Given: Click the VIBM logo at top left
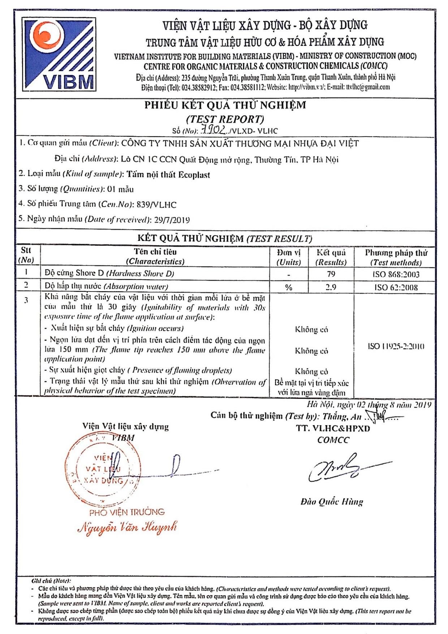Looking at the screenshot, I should [59, 54].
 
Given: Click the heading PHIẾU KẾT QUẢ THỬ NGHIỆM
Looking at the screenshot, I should [225, 105].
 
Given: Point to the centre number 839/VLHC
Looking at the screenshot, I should [156, 204].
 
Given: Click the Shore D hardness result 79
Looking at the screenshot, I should [331, 274].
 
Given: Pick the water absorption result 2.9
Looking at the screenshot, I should [331, 287].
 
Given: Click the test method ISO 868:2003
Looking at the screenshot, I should [396, 274].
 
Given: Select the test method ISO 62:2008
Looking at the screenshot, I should [396, 288].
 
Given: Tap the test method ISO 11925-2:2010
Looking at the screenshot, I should [396, 346].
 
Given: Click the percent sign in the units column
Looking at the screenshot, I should [289, 288].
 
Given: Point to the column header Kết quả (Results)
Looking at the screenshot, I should [331, 257].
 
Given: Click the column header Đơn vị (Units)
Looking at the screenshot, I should [289, 257].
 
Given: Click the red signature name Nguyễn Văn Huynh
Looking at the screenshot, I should [127, 527].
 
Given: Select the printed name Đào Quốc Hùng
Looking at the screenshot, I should [332, 501].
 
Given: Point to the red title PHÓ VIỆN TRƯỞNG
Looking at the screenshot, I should [127, 512].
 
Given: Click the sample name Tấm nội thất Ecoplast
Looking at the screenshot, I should [168, 175].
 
